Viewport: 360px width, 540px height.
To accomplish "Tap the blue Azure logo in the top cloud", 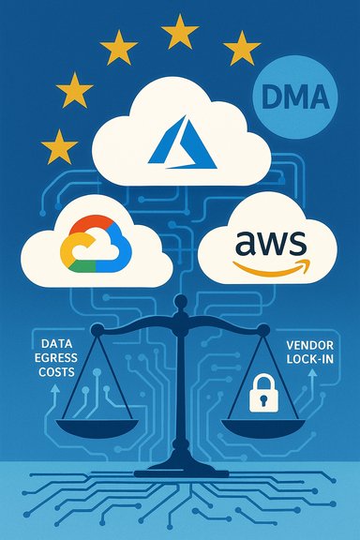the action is [x=178, y=139].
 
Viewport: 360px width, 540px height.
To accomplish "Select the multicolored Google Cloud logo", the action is [x=91, y=241].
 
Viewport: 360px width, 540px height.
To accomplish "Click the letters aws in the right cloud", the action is [x=271, y=244].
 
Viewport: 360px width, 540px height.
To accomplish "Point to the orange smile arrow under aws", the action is [x=272, y=267].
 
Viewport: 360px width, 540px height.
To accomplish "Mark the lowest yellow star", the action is [x=60, y=146].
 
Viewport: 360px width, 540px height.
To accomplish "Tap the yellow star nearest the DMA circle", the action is [x=242, y=47].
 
